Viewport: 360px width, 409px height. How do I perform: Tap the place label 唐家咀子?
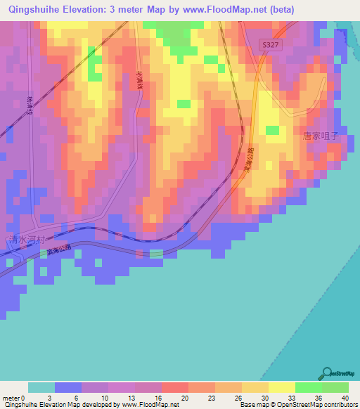click(321, 136)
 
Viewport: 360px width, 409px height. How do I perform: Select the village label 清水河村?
click(26, 239)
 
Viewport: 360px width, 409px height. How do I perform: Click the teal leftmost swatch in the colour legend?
click(41, 387)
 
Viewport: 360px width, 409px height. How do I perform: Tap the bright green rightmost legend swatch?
click(335, 387)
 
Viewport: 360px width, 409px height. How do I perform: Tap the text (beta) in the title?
click(281, 9)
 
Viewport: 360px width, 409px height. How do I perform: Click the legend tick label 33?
click(295, 398)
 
